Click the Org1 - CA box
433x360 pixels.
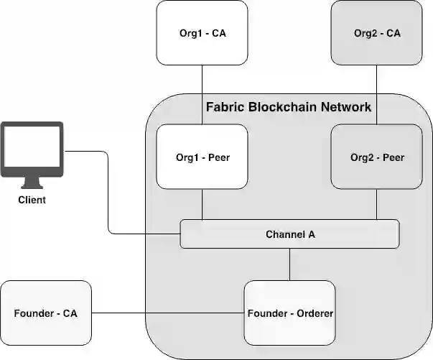pyautogui.click(x=202, y=32)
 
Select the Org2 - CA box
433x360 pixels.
pyautogui.click(x=376, y=32)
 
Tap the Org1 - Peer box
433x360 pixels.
pyautogui.click(x=202, y=157)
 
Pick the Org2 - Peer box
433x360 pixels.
pyautogui.click(x=376, y=157)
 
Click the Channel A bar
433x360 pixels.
pyautogui.click(x=289, y=234)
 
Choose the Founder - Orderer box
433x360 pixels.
pyautogui.click(x=289, y=313)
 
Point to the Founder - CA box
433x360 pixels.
pyautogui.click(x=46, y=313)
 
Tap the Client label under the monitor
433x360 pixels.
pyautogui.click(x=32, y=200)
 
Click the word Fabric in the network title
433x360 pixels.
pyautogui.click(x=225, y=107)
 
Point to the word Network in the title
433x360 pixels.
pyautogui.click(x=348, y=107)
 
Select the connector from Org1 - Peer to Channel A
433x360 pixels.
pyautogui.click(x=202, y=205)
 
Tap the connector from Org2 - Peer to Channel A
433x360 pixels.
pyautogui.click(x=376, y=205)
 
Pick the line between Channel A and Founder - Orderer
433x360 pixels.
pyautogui.click(x=289, y=264)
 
